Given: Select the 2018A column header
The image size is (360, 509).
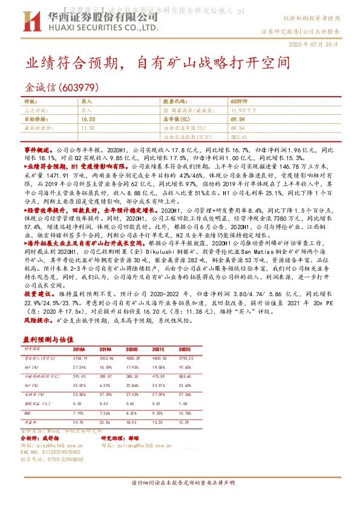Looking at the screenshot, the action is pyautogui.click(x=79, y=349).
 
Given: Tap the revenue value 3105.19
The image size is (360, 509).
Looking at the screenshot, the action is pyautogui.click(x=80, y=358).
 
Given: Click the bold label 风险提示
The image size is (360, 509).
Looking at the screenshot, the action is pyautogui.click(x=37, y=319).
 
